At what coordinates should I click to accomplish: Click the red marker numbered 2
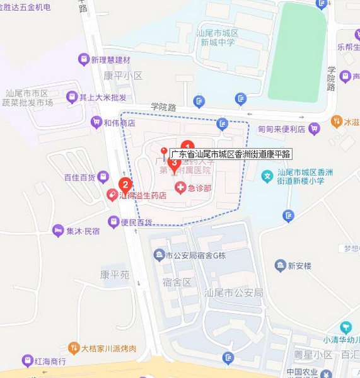pyautogui.click(x=125, y=185)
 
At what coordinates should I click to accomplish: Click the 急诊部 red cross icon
pyautogui.click(x=181, y=187)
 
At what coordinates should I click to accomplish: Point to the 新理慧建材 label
pyautogui.click(x=110, y=60)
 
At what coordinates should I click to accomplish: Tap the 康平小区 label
pyautogui.click(x=123, y=76)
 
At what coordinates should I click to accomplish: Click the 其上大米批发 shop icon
pyautogui.click(x=72, y=97)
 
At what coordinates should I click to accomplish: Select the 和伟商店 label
pyautogui.click(x=119, y=123)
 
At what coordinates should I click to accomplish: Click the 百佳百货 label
pyautogui.click(x=79, y=177)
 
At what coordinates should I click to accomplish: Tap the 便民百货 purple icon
pyautogui.click(x=113, y=222)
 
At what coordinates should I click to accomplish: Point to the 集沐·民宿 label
pyautogui.click(x=83, y=231)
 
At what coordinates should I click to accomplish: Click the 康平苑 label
pyautogui.click(x=115, y=275)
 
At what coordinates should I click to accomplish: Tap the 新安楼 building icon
pyautogui.click(x=281, y=266)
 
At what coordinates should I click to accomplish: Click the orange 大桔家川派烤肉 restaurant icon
pyautogui.click(x=74, y=348)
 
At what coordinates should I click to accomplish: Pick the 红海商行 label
pyautogui.click(x=51, y=361)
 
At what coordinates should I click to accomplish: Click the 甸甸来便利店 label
pyautogui.click(x=282, y=129)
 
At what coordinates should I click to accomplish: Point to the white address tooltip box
pyautogui.click(x=231, y=154)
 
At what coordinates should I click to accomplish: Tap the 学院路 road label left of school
pyautogui.click(x=163, y=107)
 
